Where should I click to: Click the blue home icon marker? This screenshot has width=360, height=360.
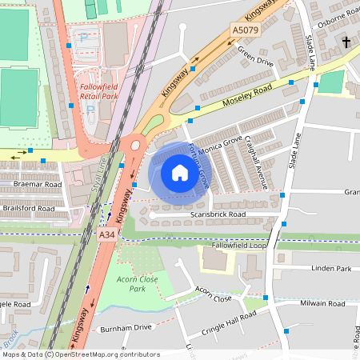point(179,173)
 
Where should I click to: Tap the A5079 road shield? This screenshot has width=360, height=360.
point(246,30)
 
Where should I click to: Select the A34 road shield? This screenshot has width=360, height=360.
point(107,237)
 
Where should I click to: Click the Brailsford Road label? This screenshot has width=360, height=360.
point(33,208)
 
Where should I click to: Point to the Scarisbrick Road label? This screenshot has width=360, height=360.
point(218,214)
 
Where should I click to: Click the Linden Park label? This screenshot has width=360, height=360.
point(332,268)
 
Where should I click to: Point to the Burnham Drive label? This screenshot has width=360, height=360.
point(125,328)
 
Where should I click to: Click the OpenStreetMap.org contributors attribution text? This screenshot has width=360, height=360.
point(105,354)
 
